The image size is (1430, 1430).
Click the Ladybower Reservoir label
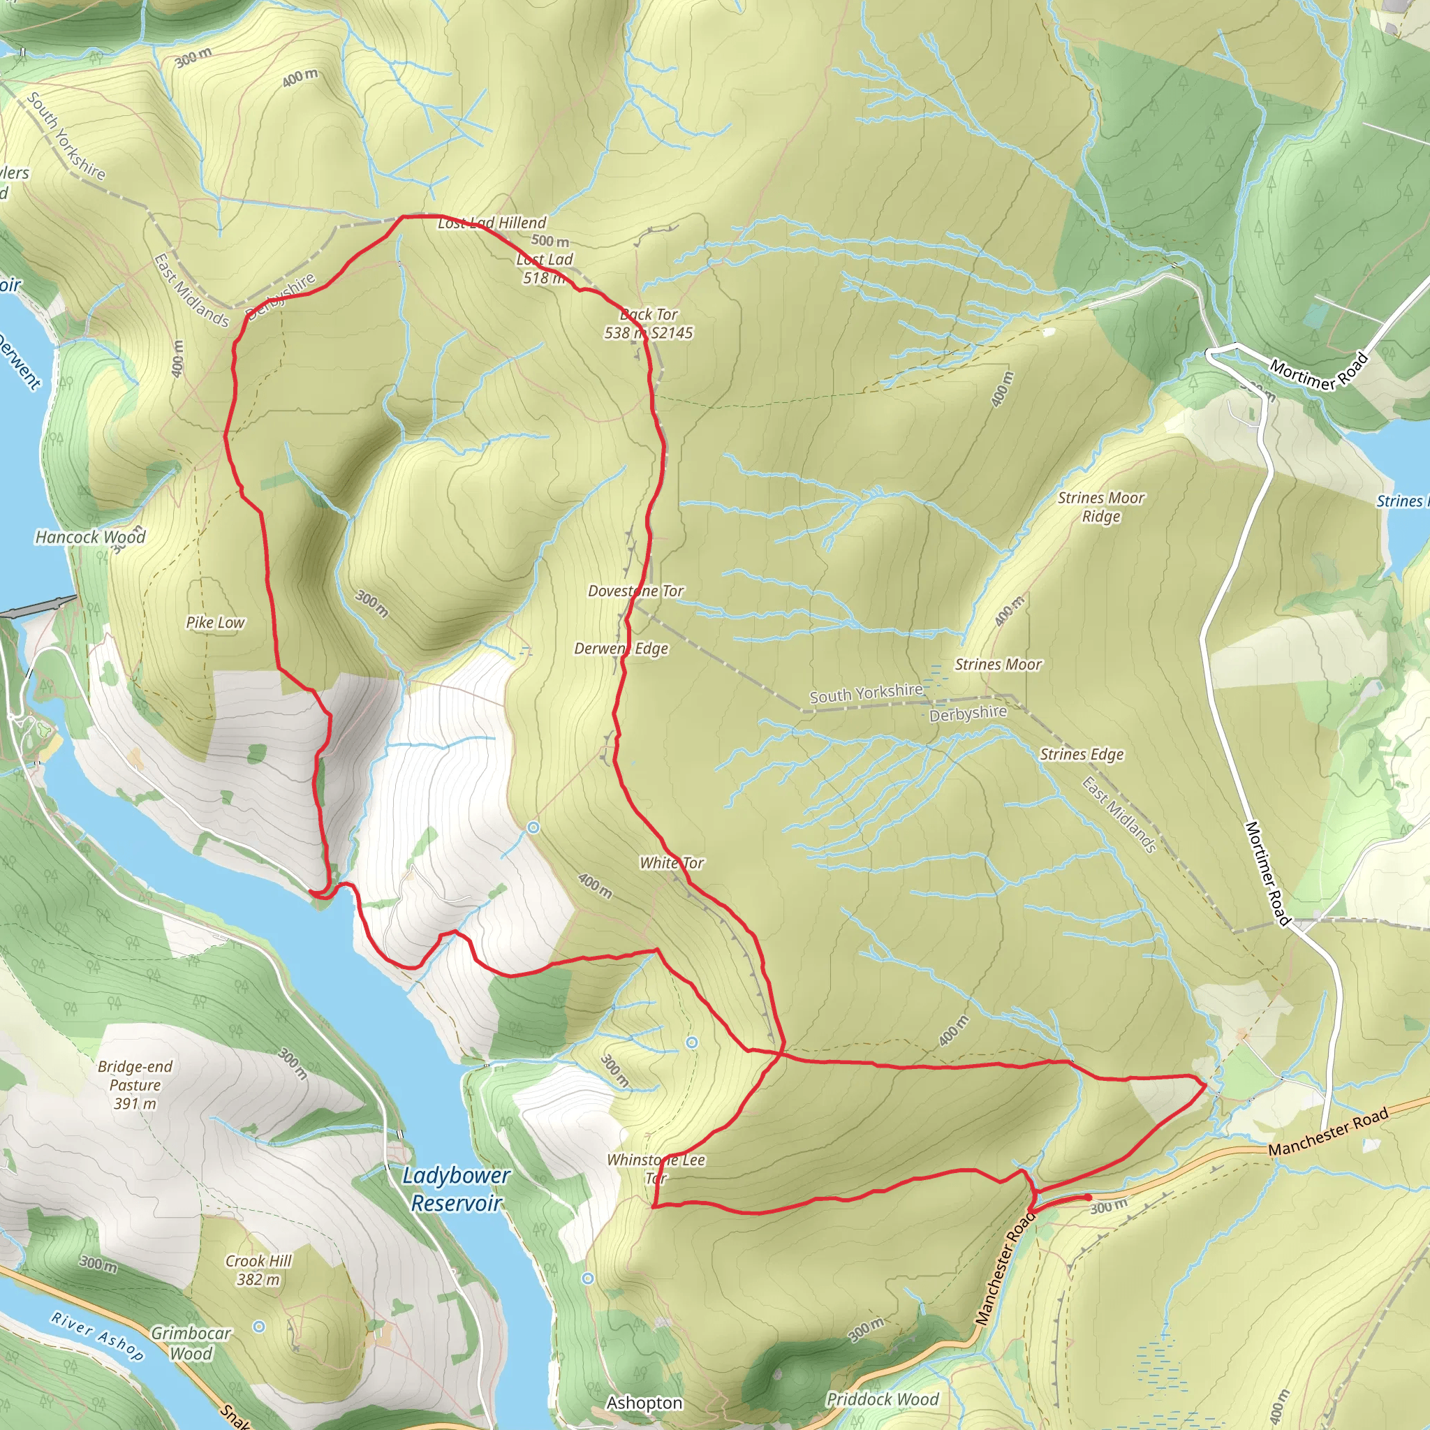pos(456,1188)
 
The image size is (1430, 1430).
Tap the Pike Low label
pos(214,622)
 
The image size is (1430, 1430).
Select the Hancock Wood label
pos(90,537)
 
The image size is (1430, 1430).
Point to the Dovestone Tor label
pos(635,591)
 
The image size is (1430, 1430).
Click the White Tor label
pos(671,862)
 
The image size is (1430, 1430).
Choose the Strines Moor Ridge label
pos(1100,507)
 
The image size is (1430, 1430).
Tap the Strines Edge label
pos(1082,754)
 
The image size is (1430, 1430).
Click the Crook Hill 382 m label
pos(258,1269)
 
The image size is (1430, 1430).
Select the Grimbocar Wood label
pos(191,1343)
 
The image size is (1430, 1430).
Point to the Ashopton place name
pos(644,1403)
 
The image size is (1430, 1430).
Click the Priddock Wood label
pos(883,1399)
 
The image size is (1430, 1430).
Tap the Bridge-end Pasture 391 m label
pos(135,1084)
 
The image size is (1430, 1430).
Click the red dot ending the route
pos(1087,1197)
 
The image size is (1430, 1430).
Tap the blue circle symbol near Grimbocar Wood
pos(258,1327)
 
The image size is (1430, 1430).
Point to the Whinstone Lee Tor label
pos(656,1169)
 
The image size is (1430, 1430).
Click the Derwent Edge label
pos(621,649)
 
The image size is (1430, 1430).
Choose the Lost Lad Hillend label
pos(492,223)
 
